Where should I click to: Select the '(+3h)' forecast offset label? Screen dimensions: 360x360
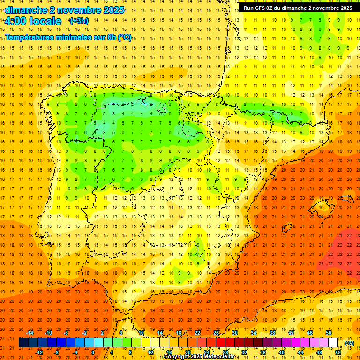78,21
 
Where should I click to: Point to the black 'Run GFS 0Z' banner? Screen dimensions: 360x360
298,8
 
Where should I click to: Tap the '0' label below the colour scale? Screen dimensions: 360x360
93,352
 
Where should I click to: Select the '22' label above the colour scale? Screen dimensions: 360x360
197,332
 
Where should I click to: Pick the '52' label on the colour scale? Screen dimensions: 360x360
338,352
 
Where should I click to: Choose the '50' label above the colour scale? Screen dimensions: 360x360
329,332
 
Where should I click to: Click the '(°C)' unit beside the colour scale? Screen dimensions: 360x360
349,343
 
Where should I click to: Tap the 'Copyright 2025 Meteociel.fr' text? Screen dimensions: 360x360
199,357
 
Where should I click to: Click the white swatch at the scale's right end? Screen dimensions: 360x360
333,343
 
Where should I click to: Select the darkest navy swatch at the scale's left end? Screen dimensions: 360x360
23,343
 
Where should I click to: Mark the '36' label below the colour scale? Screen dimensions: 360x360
263,352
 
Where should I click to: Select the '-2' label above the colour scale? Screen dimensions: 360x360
84,332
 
